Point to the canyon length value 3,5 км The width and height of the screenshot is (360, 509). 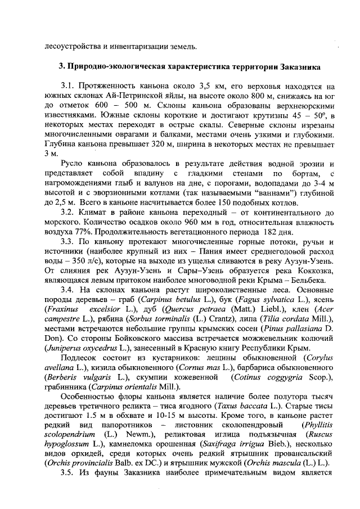click(210, 87)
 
